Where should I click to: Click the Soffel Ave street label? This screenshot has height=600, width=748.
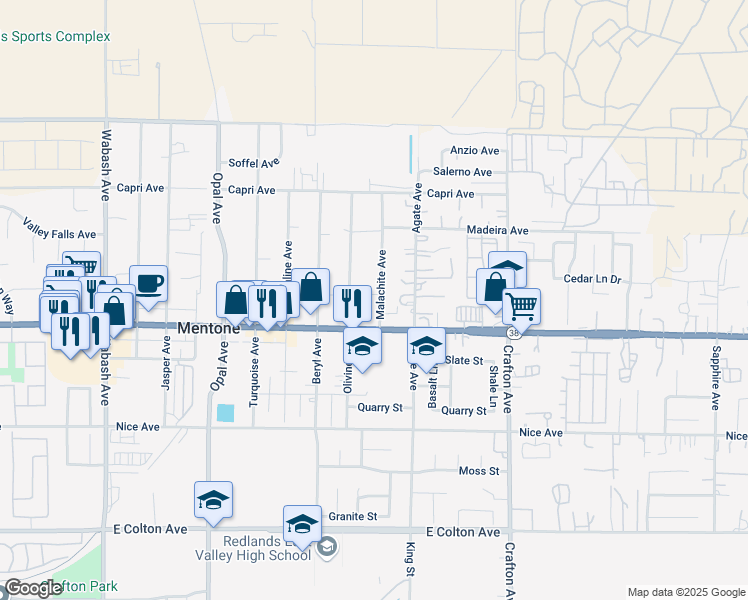click(254, 163)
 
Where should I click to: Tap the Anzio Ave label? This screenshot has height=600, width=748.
click(475, 151)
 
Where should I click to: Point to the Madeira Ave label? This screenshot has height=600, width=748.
click(497, 230)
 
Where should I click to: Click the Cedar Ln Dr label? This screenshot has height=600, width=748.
click(593, 279)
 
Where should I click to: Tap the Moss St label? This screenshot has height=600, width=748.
click(478, 471)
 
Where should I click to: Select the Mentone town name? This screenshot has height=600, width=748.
click(209, 328)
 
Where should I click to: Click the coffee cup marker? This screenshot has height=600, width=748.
click(148, 284)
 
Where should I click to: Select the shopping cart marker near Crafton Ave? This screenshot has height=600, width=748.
click(521, 305)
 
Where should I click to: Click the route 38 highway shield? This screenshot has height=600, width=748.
click(513, 331)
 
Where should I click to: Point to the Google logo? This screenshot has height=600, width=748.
click(33, 588)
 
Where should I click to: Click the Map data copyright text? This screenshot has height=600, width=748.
click(686, 592)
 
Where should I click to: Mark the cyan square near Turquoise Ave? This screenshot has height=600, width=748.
click(225, 412)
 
